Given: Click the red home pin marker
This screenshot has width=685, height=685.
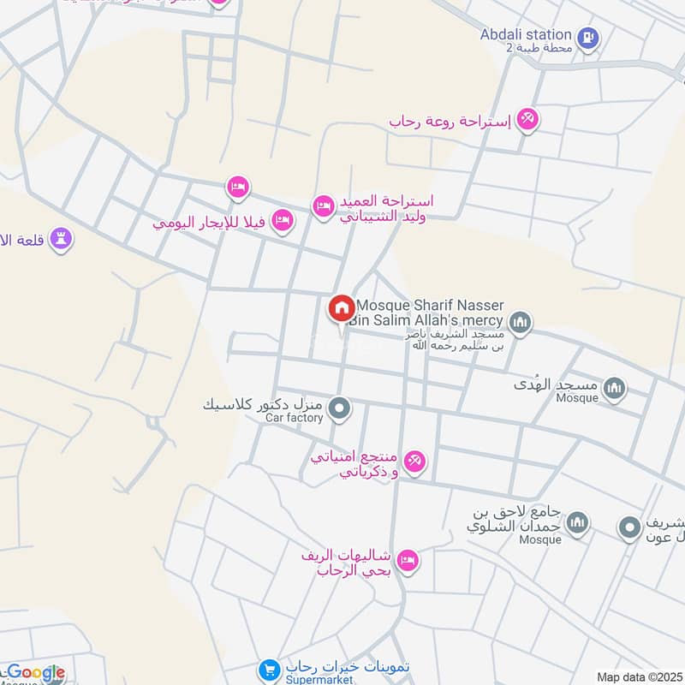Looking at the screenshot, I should tap(341, 307).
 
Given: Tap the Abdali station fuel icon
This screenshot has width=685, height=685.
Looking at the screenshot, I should tap(588, 37).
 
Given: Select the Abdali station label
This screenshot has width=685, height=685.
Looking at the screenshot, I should tap(526, 35).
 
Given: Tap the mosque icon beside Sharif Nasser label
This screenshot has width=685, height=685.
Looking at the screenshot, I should tap(520, 323).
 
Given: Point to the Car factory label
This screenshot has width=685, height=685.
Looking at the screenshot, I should tap(294, 418).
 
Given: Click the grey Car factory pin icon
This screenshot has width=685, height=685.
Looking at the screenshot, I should tap(340, 409).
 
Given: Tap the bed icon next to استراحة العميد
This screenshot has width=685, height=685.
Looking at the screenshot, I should tap(323, 206).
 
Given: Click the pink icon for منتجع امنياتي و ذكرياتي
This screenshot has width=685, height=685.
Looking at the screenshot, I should tap(414, 462).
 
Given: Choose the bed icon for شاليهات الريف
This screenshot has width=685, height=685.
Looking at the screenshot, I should tap(408, 560).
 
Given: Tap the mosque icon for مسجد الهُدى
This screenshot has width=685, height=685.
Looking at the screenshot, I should tap(614, 390).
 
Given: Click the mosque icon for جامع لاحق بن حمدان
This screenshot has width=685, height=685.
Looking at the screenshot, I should tap(578, 521).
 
